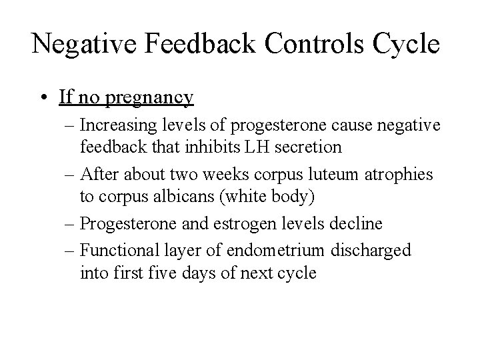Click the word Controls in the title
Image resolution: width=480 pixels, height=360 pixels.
point(301,44)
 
